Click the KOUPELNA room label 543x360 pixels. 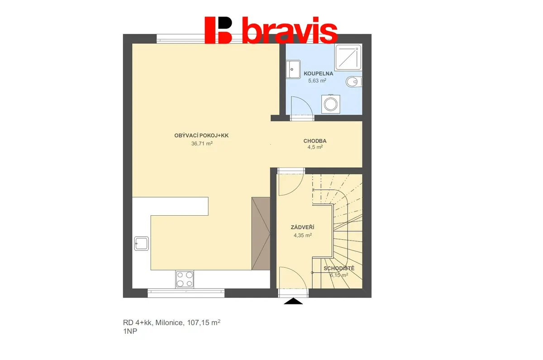point(318,74)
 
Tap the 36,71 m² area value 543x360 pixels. point(202,143)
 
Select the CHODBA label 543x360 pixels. point(315,141)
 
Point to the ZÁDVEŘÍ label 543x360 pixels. point(303,227)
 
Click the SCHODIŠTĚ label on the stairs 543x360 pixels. point(339,269)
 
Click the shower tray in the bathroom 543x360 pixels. point(348,57)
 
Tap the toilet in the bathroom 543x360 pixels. point(354,82)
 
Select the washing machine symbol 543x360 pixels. point(331,104)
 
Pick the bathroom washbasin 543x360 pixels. point(293,69)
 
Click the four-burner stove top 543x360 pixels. point(185,279)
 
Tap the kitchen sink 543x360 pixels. point(141,243)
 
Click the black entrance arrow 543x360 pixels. point(293,301)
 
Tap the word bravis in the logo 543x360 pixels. point(290,30)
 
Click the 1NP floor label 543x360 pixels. point(130,331)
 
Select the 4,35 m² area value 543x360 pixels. point(303,235)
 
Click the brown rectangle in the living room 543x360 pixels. point(261,233)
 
